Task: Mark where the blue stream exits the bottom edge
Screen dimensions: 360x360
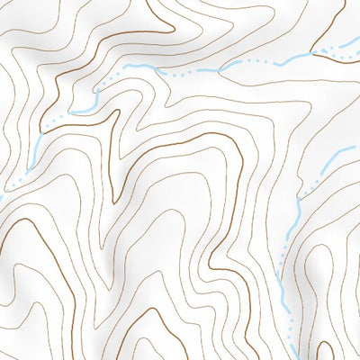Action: click(x=294, y=359)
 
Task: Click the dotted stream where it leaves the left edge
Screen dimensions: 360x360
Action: click(x=2, y=192)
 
